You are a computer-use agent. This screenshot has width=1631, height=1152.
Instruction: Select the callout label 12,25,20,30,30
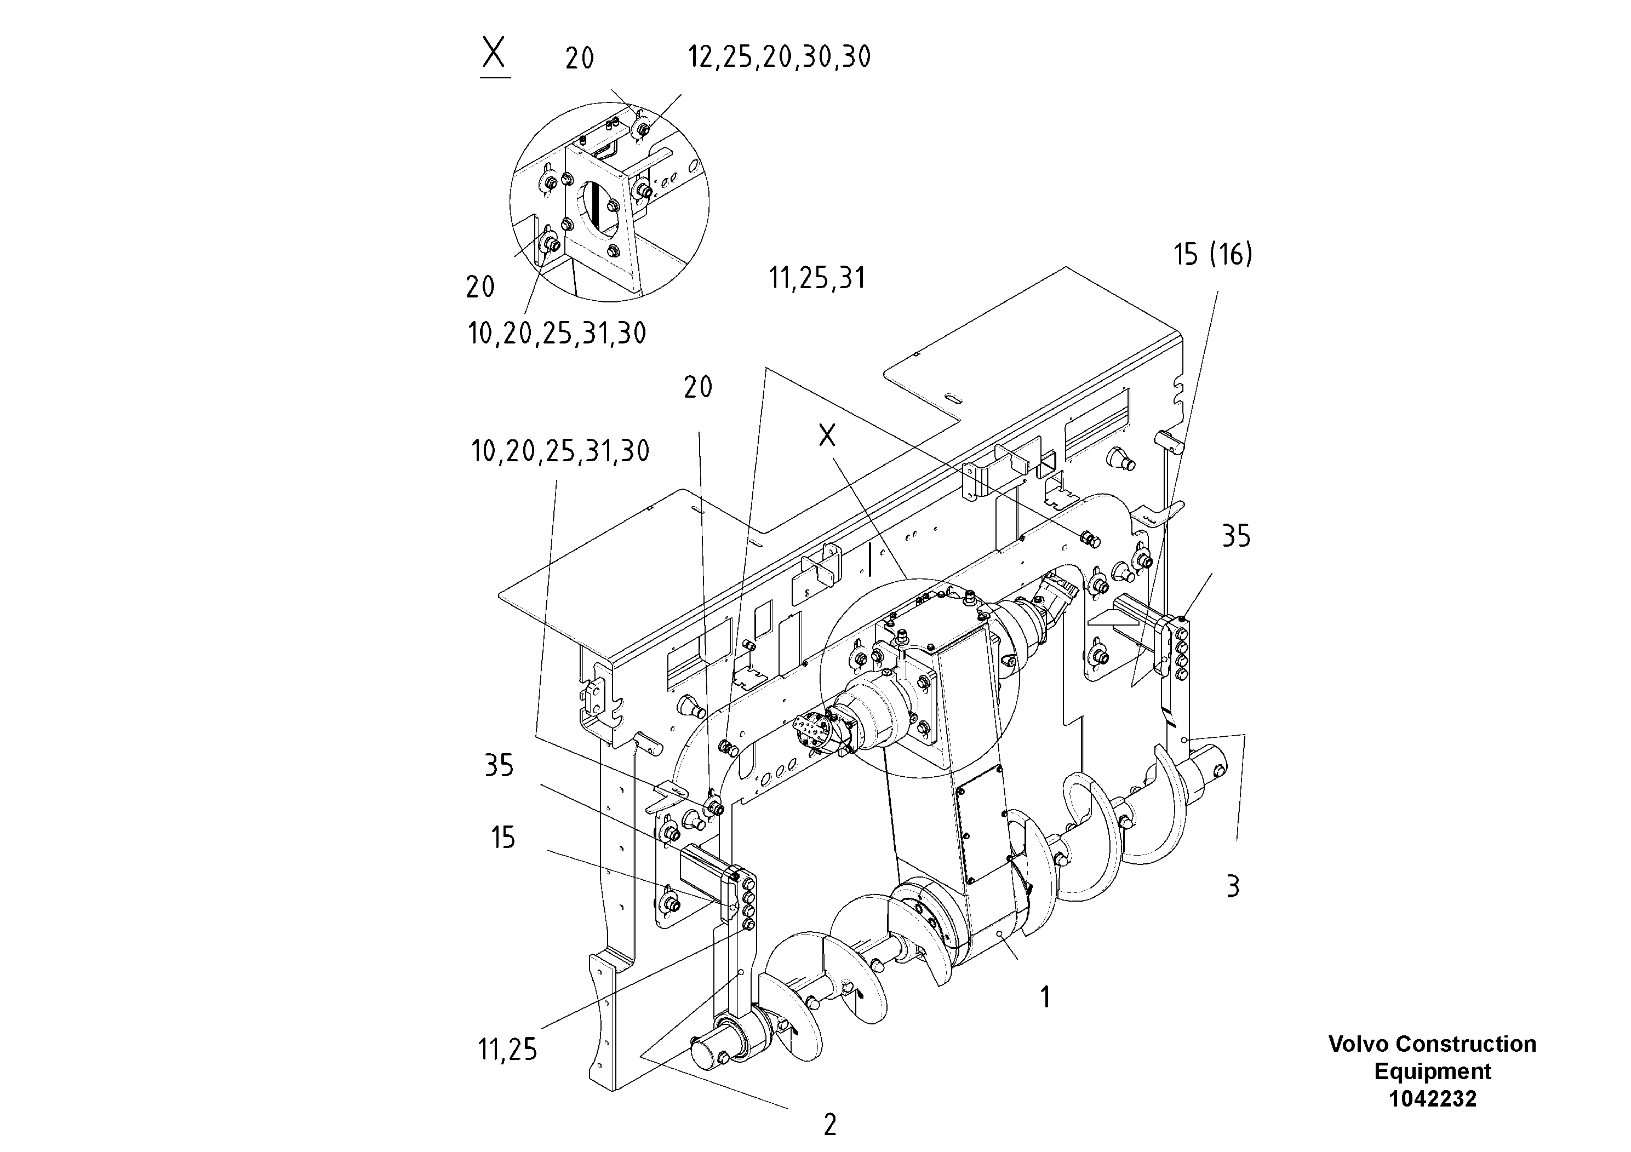(x=779, y=58)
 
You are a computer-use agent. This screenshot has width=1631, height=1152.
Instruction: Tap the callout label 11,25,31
(x=817, y=278)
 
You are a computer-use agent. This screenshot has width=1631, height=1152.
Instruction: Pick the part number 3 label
(x=1233, y=886)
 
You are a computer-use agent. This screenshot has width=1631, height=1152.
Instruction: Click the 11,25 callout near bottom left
(x=507, y=1050)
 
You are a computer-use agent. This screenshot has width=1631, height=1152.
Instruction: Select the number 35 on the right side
(x=1236, y=537)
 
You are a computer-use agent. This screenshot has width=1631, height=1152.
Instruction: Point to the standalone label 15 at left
(x=502, y=838)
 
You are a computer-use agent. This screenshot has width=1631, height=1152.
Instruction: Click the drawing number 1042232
(x=1432, y=1099)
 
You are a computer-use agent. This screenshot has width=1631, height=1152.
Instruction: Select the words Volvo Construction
(x=1432, y=1044)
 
